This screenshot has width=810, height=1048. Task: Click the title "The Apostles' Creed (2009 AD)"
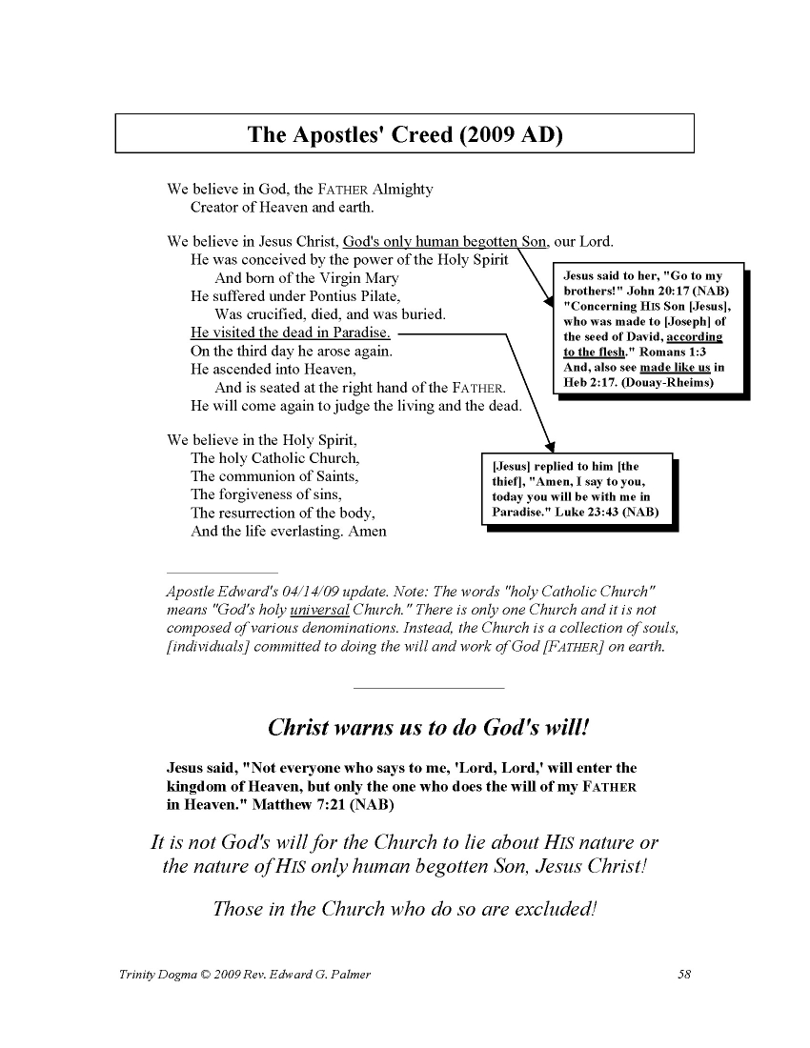405,133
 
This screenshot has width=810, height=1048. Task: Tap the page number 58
683,975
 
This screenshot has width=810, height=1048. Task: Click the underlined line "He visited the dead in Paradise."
291,333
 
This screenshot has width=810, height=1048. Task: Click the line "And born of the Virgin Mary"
307,278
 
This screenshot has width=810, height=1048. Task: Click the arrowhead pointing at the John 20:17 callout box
547,302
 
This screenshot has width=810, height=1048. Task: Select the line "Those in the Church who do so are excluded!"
405,908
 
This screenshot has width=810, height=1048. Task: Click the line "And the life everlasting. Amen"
289,531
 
